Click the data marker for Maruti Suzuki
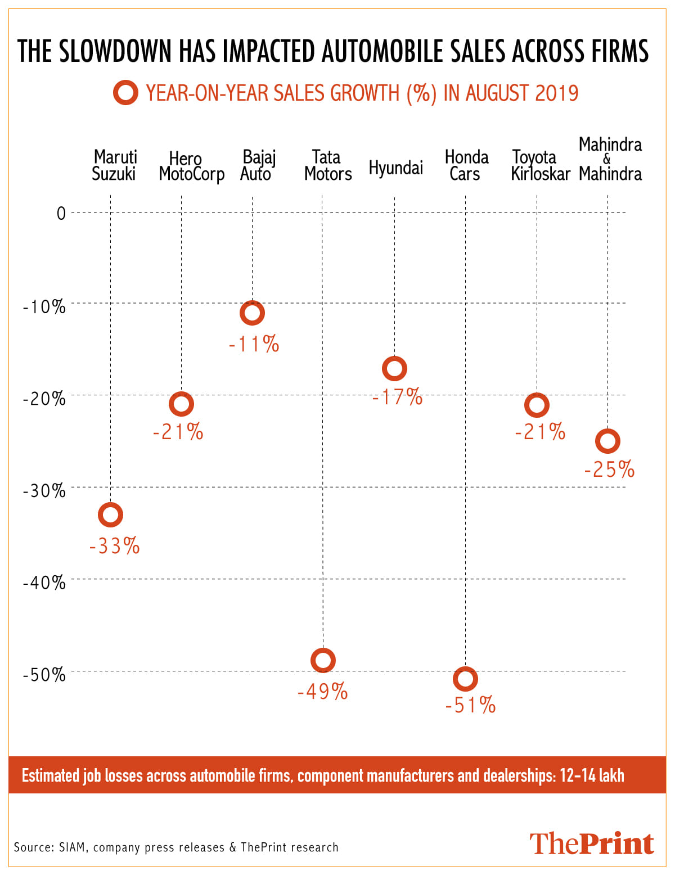pos(110,515)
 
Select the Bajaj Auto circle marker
pos(252,313)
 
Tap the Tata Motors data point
pos(323,660)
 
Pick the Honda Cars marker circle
pos(465,679)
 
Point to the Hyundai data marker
pos(394,368)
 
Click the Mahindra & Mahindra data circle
pos(607,441)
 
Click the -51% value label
pos(470,705)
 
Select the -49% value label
pos(322,692)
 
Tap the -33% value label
pos(114,546)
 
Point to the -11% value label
pos(254,344)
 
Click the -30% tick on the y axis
pos(44,491)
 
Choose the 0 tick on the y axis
pos(61,214)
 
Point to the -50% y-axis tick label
pos(44,675)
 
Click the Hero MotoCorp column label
pos(191,166)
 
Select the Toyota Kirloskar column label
pos(540,165)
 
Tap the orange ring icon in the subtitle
pos(125,93)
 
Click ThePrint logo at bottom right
pos(591,844)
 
